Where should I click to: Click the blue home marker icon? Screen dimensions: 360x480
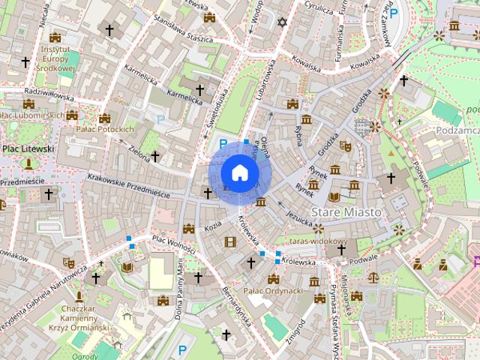click(239, 173)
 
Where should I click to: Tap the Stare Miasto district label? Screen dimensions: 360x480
click(346, 212)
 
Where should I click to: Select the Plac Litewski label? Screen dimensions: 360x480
click(28, 149)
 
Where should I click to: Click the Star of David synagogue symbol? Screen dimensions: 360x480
click(282, 22)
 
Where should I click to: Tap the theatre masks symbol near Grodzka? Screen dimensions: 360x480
click(345, 145)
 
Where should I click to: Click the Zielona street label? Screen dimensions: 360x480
click(139, 150)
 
